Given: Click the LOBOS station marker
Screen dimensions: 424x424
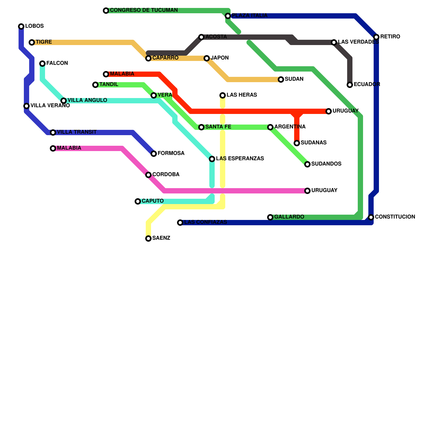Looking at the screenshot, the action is tap(21, 26).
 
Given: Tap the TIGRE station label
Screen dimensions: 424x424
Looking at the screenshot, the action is tap(44, 42).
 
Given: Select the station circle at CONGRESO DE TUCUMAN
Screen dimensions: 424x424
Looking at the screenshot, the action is tap(106, 11).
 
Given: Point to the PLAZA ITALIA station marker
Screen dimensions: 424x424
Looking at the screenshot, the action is tap(228, 16).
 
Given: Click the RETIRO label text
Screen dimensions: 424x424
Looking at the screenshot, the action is tap(390, 37).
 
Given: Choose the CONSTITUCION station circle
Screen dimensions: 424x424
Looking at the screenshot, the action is tap(371, 217).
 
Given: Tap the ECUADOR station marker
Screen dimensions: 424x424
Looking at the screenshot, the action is tap(350, 85).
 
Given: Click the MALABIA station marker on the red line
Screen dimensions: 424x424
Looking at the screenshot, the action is tap(106, 74).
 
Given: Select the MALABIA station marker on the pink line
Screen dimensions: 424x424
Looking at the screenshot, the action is tap(53, 148).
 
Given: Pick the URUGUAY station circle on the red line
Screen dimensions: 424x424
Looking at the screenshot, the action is tap(329, 111).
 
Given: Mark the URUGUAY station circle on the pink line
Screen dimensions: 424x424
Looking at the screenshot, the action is tap(307, 191).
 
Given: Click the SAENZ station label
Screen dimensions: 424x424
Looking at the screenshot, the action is tap(161, 238).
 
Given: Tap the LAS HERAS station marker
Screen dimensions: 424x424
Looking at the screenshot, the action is tap(223, 95).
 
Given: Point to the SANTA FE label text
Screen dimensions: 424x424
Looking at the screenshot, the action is tap(218, 127).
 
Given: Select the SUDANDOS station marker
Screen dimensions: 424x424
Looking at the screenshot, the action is tap(307, 164).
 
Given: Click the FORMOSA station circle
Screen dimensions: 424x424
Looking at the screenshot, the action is tap(154, 154).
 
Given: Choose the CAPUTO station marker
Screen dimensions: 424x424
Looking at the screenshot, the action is tap(138, 201).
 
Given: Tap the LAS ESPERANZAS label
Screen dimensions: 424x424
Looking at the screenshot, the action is tap(240, 159).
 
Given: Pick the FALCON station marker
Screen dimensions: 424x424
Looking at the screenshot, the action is tap(42, 64).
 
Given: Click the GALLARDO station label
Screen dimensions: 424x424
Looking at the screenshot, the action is tap(289, 217).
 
